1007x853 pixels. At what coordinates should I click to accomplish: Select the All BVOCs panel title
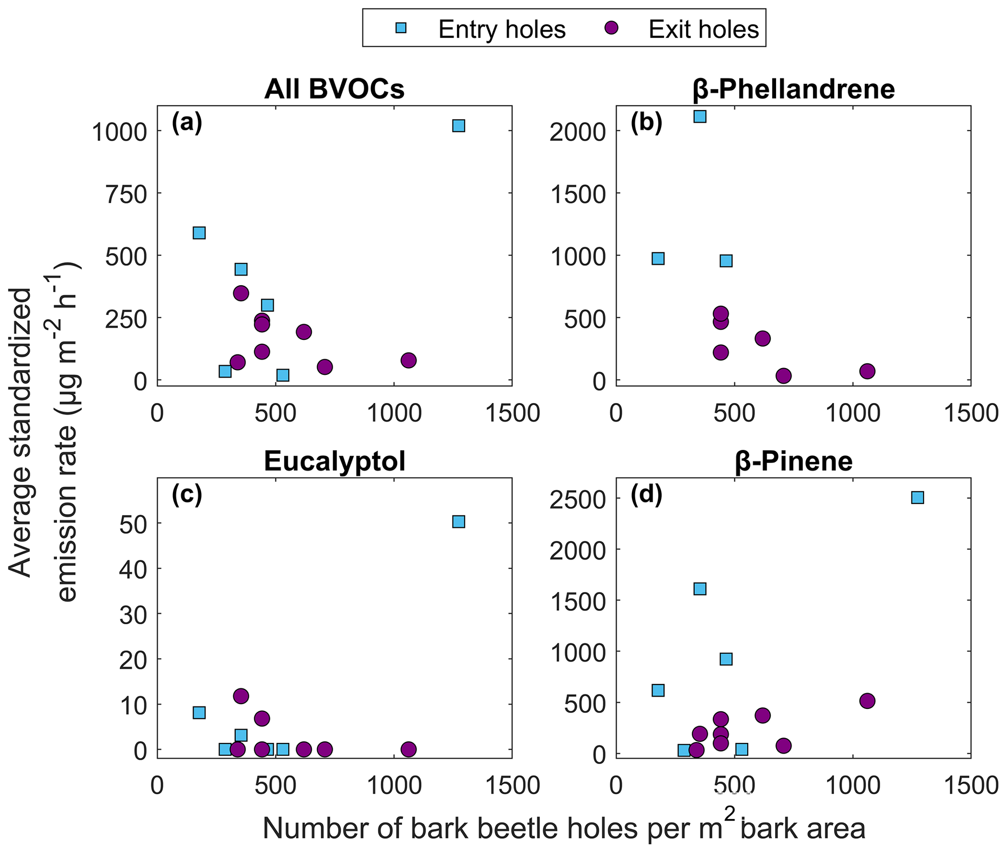point(334,90)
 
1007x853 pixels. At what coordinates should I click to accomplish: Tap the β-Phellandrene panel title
point(793,90)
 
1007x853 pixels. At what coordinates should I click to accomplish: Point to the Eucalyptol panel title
point(334,462)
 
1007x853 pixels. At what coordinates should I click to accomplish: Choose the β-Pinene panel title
point(794,462)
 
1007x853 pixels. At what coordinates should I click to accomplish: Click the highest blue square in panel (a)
point(458,126)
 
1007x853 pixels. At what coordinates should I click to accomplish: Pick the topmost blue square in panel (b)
point(700,116)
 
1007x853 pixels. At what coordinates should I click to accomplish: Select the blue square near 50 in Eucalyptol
point(458,521)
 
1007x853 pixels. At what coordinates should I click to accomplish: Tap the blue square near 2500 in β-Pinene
point(917,497)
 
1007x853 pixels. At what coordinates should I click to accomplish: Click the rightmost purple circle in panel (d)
point(867,701)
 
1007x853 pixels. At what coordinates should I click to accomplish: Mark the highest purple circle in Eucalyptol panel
point(241,696)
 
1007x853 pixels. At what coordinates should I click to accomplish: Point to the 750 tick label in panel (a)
point(126,194)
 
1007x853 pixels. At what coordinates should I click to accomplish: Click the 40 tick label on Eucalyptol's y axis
point(133,568)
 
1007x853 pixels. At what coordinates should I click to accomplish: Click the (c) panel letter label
point(187,496)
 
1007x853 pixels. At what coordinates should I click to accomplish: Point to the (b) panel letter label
point(646,124)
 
